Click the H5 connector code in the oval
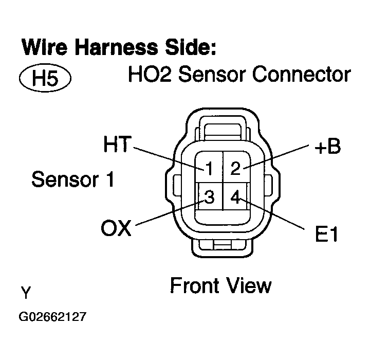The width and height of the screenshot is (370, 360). click(44, 79)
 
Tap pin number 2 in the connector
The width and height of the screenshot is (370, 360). click(235, 168)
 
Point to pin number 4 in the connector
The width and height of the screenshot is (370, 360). click(235, 197)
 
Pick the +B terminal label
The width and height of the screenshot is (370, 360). click(327, 147)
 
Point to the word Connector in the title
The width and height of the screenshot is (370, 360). click(304, 75)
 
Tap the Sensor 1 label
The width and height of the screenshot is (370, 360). click(73, 179)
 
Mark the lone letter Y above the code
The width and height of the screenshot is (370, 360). click(26, 294)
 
